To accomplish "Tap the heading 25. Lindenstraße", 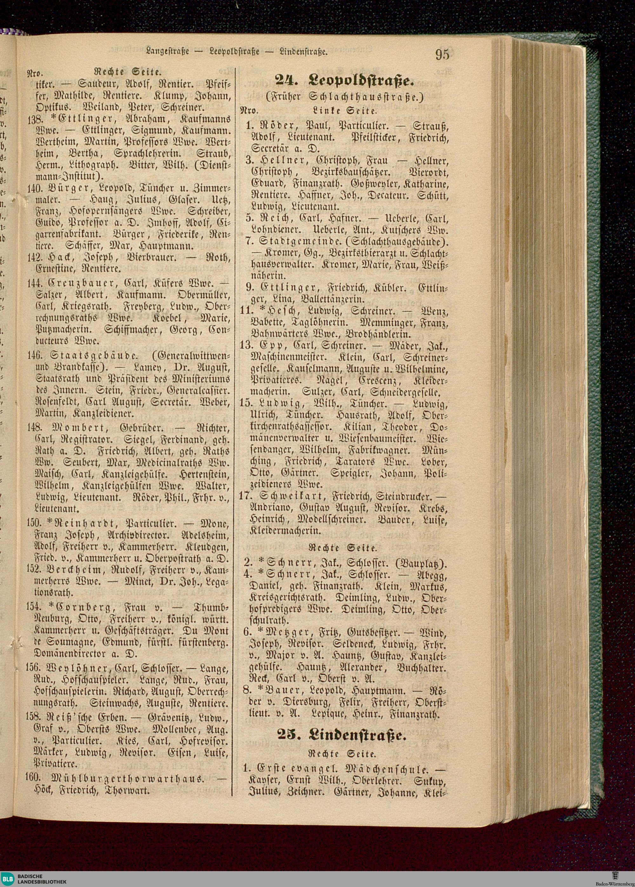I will click(x=342, y=735).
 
